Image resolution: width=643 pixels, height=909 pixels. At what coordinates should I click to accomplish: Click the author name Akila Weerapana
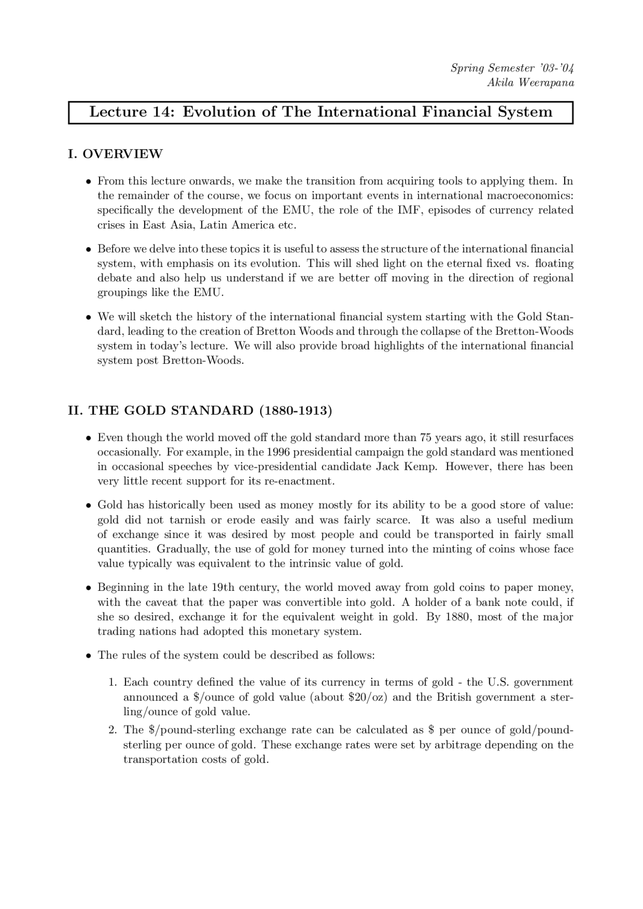coord(530,83)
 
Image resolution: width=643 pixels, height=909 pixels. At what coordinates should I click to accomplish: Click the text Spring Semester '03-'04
coord(512,68)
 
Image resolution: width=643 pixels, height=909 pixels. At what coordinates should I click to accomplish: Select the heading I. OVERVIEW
coord(115,154)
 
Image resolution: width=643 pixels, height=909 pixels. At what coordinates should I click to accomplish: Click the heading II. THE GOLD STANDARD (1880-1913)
coord(200,411)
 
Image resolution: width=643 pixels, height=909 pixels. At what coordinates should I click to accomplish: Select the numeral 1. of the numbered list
coord(113,683)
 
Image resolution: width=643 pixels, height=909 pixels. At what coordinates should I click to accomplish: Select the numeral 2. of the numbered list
coord(113,730)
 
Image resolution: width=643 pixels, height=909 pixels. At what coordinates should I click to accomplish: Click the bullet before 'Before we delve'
coord(88,249)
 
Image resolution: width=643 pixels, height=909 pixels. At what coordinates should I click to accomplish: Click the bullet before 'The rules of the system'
coord(88,656)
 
